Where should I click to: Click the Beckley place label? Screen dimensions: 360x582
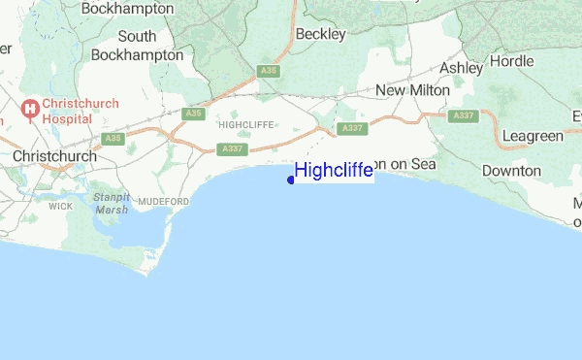click(321, 34)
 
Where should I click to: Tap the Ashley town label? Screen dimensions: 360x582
click(461, 68)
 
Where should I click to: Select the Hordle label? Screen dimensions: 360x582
click(511, 60)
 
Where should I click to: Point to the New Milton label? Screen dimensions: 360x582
click(412, 90)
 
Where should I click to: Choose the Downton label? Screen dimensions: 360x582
click(511, 171)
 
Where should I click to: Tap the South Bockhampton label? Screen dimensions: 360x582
click(137, 46)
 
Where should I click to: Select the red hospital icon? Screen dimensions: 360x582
click(30, 109)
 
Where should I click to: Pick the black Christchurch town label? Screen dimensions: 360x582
click(54, 155)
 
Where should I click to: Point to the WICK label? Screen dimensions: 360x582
click(60, 207)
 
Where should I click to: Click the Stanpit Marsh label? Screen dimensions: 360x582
click(112, 203)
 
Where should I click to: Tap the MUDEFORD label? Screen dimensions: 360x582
click(162, 200)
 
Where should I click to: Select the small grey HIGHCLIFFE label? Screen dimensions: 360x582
click(246, 124)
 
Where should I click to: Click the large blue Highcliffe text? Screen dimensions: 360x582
click(334, 171)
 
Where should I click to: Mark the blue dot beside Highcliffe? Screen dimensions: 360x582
click(291, 180)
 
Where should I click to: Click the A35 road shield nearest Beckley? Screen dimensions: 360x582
click(269, 71)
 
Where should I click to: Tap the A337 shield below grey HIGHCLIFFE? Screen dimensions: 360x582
click(232, 148)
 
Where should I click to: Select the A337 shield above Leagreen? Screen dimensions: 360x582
click(465, 115)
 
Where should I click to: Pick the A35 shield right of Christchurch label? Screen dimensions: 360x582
click(114, 138)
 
